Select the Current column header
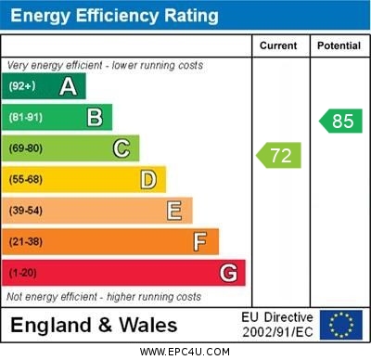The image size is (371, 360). (278, 45)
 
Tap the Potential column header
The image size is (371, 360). (339, 45)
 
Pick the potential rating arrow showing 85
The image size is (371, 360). (341, 121)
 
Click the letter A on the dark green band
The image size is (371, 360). (68, 87)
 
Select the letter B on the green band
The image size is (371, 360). (95, 118)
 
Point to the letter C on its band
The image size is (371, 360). (122, 148)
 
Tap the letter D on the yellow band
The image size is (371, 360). (148, 179)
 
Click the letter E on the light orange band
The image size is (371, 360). (174, 211)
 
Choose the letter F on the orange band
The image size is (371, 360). (200, 242)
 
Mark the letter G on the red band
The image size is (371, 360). (227, 274)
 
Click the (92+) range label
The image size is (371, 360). (22, 87)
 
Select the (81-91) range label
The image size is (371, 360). (26, 118)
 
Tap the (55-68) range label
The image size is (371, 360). (26, 180)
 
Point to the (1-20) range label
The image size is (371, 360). (23, 274)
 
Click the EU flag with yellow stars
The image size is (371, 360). (340, 325)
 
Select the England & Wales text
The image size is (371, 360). (94, 325)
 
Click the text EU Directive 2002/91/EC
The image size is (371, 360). (277, 325)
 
